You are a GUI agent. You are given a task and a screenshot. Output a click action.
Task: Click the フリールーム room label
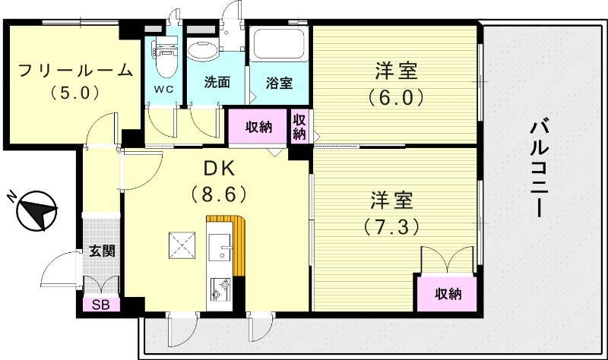(x=75, y=71)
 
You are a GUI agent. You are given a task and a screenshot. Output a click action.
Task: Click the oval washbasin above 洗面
(x=203, y=49)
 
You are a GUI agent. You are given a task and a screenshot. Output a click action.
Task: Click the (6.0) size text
(x=394, y=97)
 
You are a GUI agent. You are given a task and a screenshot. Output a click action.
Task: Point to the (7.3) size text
(x=391, y=226)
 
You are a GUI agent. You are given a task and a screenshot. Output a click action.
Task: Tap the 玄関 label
(x=101, y=250)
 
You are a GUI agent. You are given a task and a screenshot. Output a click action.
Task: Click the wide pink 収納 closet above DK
(x=258, y=127)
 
